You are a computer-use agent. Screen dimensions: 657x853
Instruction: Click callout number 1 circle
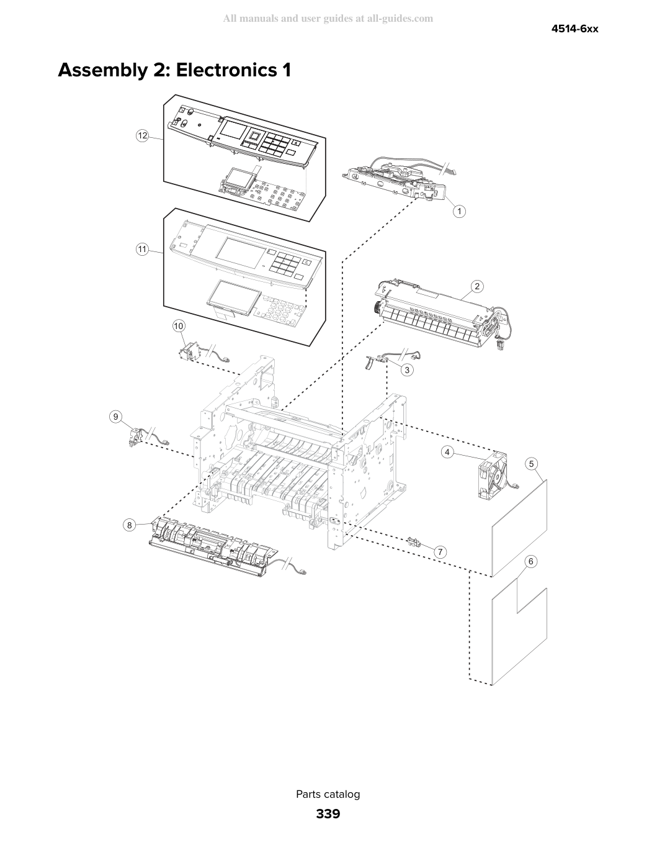coord(459,211)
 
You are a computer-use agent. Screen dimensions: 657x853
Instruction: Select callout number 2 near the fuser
coord(477,286)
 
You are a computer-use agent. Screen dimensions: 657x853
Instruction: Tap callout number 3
coord(407,370)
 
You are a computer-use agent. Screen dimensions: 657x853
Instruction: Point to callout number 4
coord(447,452)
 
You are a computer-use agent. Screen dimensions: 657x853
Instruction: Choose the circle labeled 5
coord(531,464)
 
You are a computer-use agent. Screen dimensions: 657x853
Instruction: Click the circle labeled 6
coord(530,561)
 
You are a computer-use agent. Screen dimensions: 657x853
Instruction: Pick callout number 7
coord(440,552)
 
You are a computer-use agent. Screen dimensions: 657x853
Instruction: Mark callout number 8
coord(130,525)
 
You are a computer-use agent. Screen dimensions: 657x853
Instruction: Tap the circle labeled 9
coord(115,417)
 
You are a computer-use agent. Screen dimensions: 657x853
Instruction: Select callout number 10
coord(179,326)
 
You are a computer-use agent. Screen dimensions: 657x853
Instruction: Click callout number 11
coord(142,249)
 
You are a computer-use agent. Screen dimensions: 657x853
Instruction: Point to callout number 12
coord(142,135)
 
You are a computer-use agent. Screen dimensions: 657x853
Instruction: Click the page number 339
coord(328,814)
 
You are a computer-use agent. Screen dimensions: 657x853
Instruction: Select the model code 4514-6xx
coord(574,29)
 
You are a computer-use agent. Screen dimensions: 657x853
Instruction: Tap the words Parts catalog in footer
coord(328,794)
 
